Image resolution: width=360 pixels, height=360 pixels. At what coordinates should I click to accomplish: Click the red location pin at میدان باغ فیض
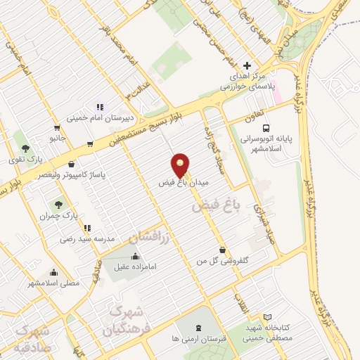point(181,165)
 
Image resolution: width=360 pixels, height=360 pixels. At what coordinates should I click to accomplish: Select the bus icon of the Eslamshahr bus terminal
point(266,128)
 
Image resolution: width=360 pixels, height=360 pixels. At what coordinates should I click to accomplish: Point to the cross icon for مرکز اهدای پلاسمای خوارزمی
point(245,64)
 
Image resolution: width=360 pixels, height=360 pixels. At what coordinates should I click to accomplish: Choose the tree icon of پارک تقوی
point(26,148)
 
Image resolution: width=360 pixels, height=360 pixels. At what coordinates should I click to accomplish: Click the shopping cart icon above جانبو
point(56,129)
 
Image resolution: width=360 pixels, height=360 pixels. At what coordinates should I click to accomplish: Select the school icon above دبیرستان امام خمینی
point(100,107)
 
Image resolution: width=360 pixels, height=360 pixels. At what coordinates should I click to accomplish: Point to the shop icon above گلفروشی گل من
point(223,250)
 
